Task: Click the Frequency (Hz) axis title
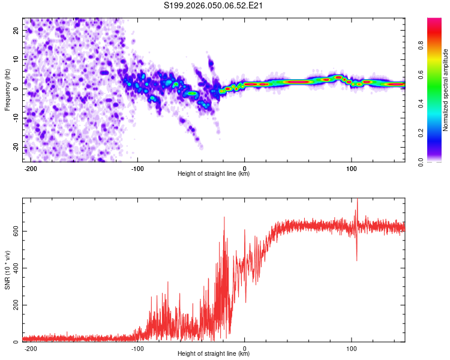coord(7,89)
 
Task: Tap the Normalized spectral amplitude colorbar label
coord(446,90)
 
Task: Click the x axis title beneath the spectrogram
coord(214,174)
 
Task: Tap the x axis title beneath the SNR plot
coord(214,354)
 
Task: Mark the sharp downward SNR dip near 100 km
coord(356,259)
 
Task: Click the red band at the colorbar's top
coord(434,24)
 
